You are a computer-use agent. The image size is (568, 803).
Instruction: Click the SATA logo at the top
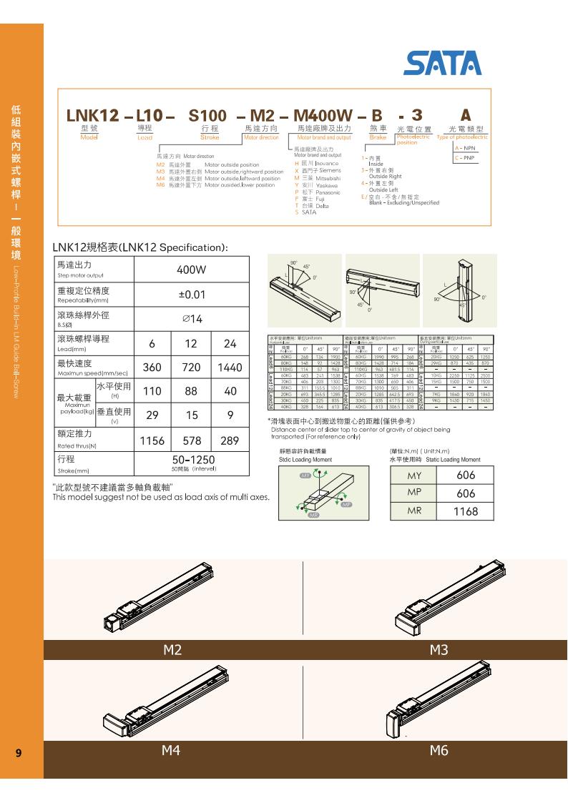[443, 63]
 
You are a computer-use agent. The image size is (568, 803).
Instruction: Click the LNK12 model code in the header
[93, 115]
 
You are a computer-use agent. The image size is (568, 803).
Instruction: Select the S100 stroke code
[207, 115]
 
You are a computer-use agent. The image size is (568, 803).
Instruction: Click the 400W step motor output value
[191, 270]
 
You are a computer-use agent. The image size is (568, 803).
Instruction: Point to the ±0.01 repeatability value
[191, 295]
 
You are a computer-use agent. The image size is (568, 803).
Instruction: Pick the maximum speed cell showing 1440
[230, 368]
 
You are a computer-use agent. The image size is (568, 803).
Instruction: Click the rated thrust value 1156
[152, 441]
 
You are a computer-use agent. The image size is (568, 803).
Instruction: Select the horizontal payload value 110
[152, 392]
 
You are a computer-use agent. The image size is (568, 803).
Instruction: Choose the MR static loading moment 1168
[465, 511]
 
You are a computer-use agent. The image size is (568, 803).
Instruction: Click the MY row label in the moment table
[414, 476]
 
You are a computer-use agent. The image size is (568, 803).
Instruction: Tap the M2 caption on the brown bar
[172, 650]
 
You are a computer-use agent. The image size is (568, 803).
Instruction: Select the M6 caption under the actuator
[439, 750]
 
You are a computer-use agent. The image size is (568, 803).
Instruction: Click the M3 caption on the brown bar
[439, 650]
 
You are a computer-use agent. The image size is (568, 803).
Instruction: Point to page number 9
[18, 752]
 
